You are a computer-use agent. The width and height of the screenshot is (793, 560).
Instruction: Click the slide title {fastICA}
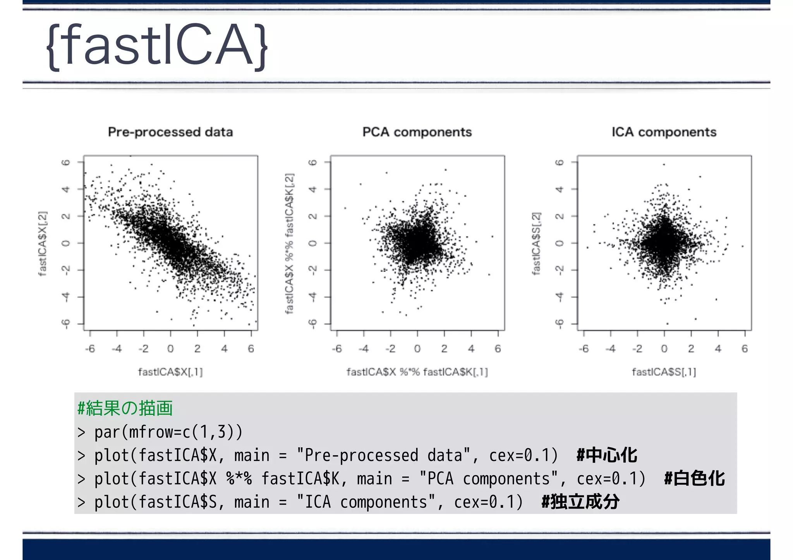click(157, 46)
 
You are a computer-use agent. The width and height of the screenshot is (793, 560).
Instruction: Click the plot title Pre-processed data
click(170, 132)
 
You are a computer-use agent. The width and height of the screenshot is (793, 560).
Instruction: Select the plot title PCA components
click(417, 132)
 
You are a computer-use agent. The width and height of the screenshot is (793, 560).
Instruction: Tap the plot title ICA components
click(664, 132)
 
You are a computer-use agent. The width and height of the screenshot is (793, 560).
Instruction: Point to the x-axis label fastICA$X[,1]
click(170, 372)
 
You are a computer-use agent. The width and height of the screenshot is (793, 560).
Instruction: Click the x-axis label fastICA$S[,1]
click(664, 372)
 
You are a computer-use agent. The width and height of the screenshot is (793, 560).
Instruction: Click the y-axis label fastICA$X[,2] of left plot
click(43, 243)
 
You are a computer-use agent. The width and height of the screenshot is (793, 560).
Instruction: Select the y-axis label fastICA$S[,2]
click(536, 243)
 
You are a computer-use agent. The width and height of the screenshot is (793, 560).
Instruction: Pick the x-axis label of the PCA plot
click(417, 372)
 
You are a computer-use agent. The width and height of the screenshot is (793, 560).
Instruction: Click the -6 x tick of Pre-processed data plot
click(90, 349)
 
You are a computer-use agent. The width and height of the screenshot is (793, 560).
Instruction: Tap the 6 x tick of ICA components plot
click(744, 349)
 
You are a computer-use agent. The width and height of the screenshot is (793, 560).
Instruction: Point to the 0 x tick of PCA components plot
click(417, 349)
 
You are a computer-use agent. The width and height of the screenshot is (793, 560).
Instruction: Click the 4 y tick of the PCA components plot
click(313, 189)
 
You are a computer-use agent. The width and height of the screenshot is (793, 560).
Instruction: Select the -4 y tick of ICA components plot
click(559, 297)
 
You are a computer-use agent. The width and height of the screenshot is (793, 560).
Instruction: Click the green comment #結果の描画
click(125, 408)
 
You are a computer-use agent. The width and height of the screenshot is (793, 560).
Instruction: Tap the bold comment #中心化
click(606, 455)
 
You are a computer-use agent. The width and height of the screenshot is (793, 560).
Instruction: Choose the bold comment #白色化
click(694, 479)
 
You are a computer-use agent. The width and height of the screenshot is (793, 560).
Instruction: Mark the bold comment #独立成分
click(580, 502)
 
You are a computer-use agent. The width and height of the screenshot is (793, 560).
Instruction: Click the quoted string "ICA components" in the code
click(366, 502)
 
